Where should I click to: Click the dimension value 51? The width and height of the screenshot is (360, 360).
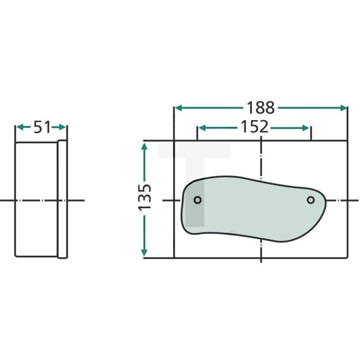42,127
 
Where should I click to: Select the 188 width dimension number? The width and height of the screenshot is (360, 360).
260,107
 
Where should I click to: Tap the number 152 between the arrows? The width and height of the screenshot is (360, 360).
254,127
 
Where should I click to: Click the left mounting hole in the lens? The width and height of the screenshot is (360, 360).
197,200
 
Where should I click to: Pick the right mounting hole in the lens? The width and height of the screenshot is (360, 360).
311,199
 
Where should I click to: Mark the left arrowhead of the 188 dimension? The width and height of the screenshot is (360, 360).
178,107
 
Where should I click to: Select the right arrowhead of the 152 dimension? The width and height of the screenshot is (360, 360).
306,127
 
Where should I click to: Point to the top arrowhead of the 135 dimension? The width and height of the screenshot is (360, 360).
145,146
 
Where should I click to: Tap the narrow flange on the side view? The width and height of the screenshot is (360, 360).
63,199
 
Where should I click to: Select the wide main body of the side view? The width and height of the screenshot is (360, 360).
36,199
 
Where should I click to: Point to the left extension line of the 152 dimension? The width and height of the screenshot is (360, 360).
197,133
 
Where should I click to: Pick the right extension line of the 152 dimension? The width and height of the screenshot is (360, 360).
311,133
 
